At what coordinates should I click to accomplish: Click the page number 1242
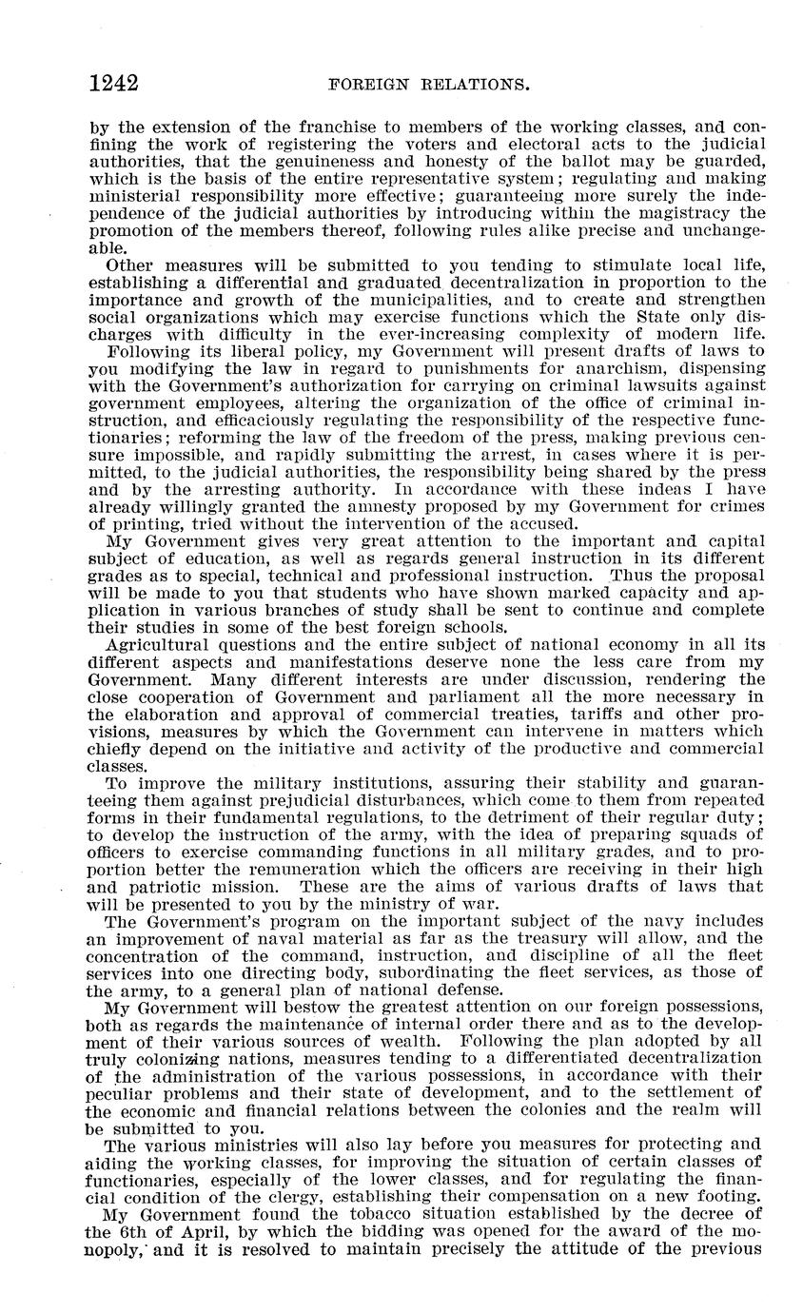click(113, 84)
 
